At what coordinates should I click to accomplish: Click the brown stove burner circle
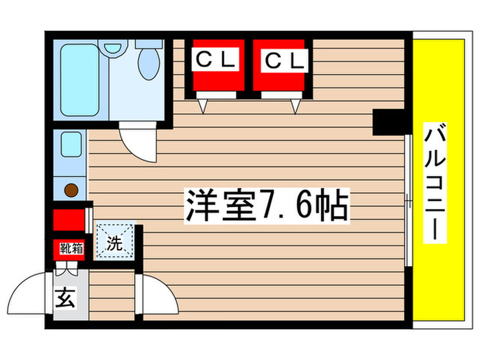point(71,190)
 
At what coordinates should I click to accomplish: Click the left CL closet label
point(217,61)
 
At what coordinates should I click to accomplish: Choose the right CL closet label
point(283,61)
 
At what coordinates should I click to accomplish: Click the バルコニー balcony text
point(433,184)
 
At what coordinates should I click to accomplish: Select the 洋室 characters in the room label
point(218,204)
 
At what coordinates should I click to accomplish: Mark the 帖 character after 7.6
point(332,204)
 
